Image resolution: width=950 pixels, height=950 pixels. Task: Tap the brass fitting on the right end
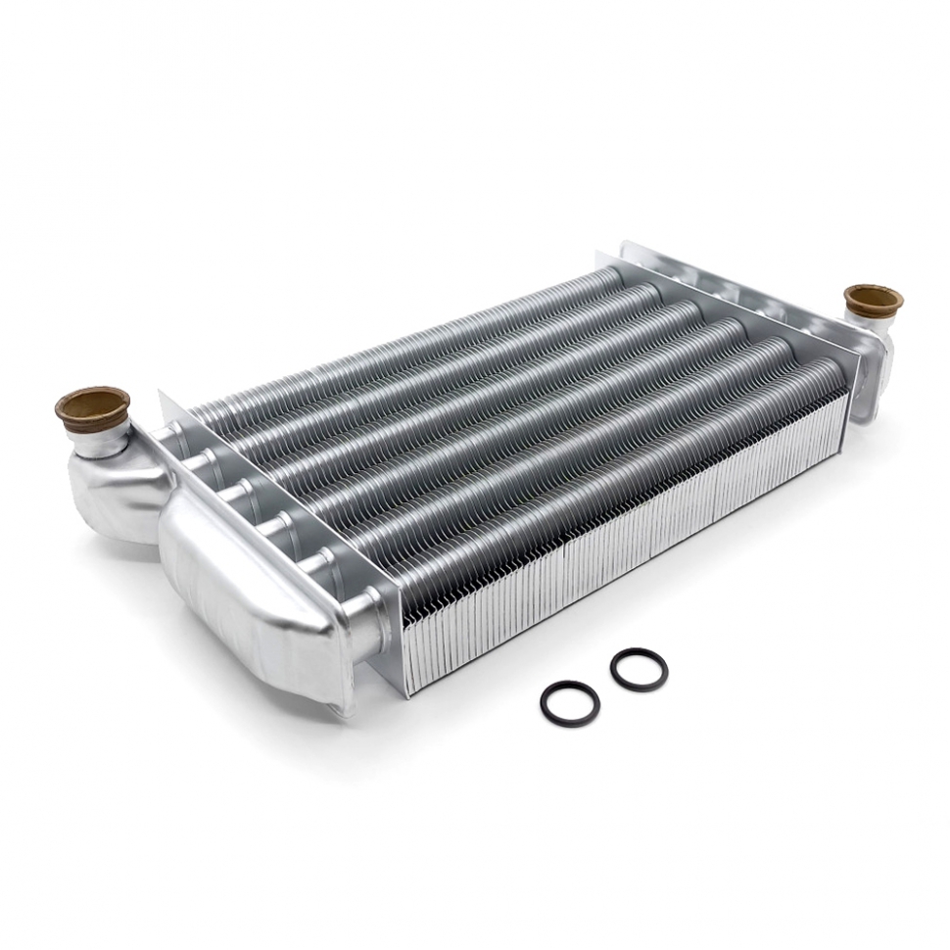(x=873, y=300)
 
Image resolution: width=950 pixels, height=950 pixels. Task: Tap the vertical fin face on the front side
(x=627, y=548)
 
